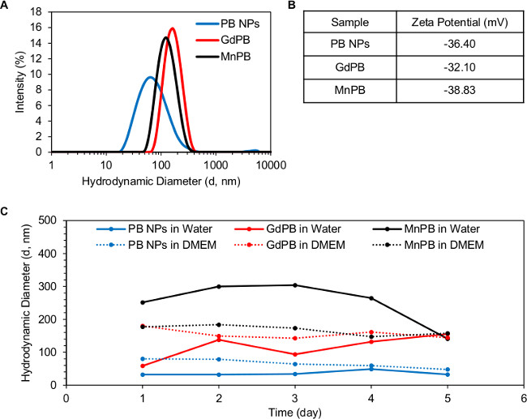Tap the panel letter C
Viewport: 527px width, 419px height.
[x=6, y=212]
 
